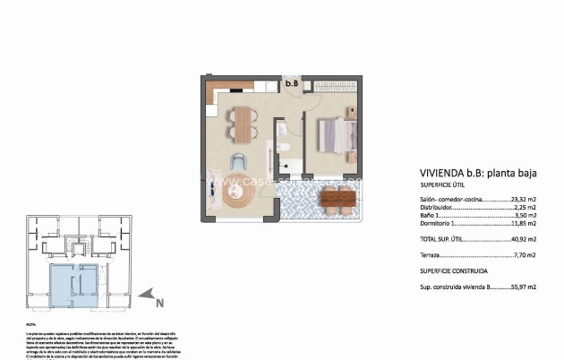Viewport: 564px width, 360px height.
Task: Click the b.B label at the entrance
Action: coord(291,85)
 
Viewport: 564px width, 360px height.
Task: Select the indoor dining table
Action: coord(243,124)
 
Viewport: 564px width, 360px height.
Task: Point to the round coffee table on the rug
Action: coord(239,194)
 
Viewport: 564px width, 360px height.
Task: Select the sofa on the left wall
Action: coord(211,188)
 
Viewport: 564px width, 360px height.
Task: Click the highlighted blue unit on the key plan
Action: coord(73,282)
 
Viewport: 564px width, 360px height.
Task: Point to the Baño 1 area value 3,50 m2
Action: coord(524,216)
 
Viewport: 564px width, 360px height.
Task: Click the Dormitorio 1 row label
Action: coord(440,224)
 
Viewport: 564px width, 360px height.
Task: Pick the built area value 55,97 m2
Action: coord(524,287)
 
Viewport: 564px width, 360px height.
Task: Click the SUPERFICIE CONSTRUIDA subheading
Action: coord(454,270)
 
